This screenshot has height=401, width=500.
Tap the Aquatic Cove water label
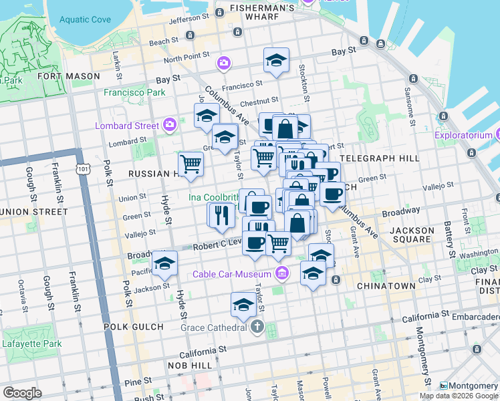click(84, 19)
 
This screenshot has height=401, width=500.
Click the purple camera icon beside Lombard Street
click(170, 125)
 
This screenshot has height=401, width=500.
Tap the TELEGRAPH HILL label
click(379, 158)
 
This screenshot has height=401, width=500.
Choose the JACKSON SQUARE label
click(412, 235)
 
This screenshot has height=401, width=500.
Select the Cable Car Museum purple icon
click(281, 274)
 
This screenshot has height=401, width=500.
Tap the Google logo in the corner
click(23, 392)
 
